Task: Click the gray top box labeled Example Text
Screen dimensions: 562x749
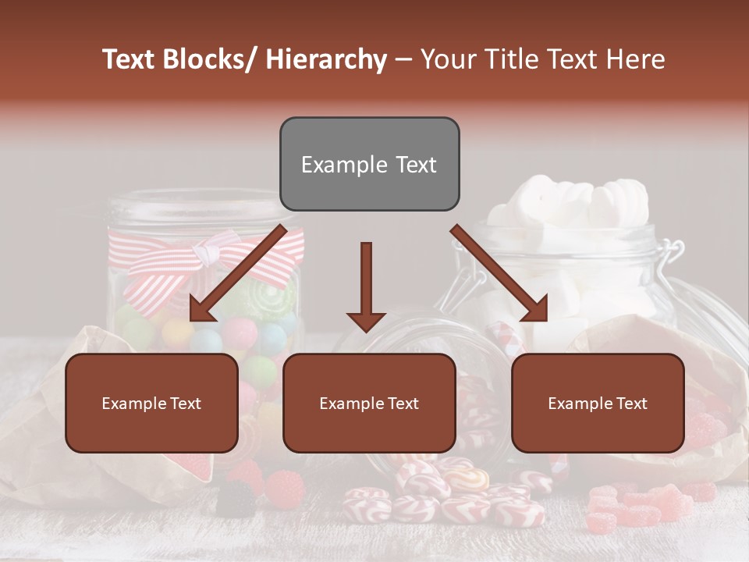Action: coord(369,164)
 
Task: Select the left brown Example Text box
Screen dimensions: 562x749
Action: coord(151,403)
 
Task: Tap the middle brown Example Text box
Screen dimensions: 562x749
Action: coord(369,403)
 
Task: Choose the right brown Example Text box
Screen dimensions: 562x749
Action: coord(598,403)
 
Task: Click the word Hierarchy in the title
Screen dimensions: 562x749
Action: coord(326,59)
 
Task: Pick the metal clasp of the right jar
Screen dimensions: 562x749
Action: coord(669,258)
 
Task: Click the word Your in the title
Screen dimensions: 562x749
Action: coord(445,59)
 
